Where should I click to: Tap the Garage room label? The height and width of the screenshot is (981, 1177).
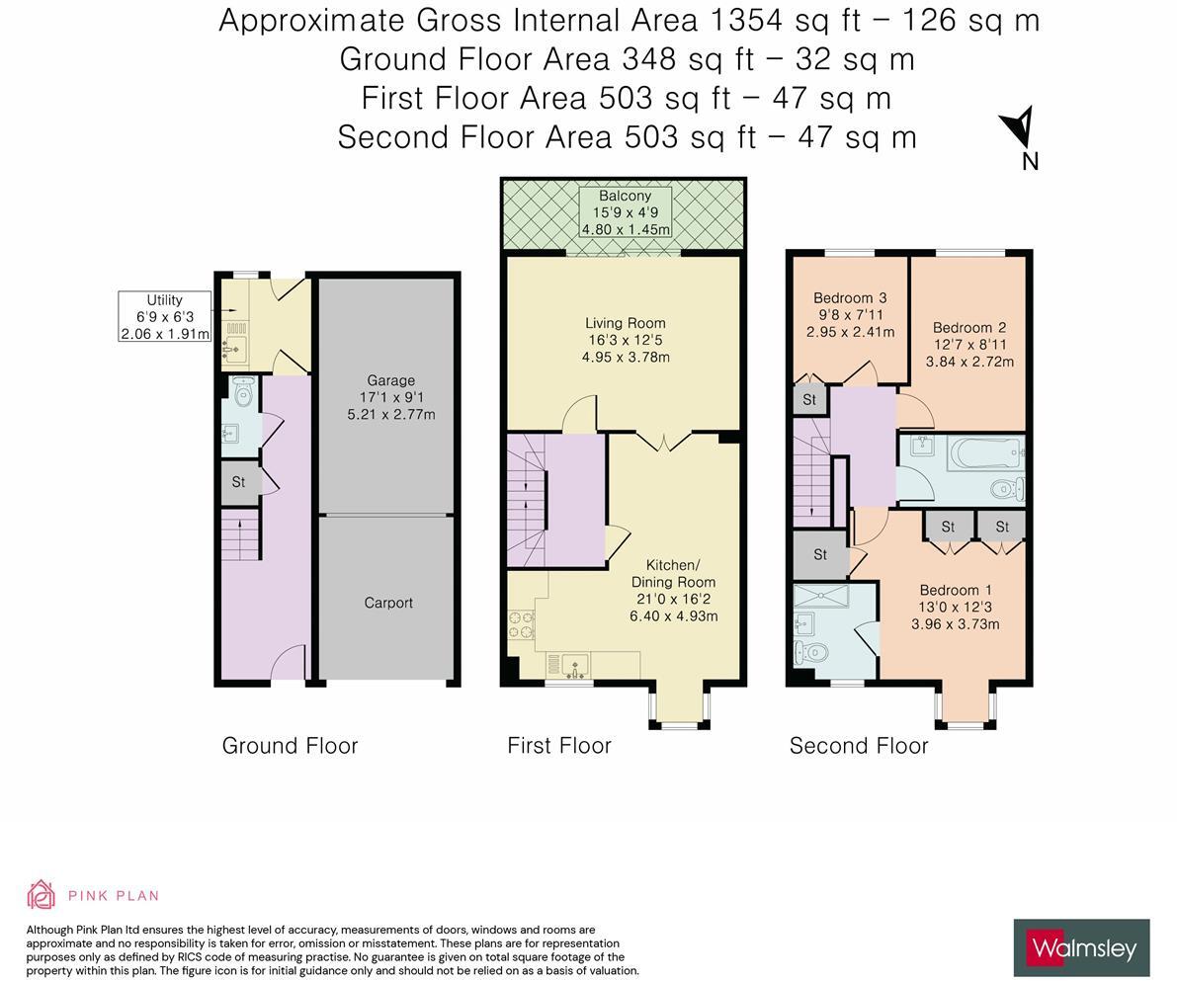point(390,397)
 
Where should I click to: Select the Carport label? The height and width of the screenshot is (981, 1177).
point(388,603)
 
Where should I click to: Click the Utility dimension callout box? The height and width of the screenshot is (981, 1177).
point(164,316)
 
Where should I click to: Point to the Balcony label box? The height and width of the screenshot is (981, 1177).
point(625,212)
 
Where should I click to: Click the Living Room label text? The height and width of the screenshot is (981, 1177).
point(625,339)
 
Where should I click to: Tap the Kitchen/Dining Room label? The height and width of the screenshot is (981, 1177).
point(673,590)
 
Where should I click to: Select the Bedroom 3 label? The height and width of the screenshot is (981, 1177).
point(850,314)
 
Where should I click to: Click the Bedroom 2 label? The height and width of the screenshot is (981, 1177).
point(969,344)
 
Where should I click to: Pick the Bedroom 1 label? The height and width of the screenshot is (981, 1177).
point(955,607)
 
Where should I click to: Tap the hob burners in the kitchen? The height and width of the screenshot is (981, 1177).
point(520,625)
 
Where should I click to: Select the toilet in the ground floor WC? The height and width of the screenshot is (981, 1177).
point(243,392)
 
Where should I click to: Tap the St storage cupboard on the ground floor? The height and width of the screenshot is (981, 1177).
point(239,482)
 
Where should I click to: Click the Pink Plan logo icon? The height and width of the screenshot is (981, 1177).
point(41,895)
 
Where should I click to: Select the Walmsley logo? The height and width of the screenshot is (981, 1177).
point(1081,948)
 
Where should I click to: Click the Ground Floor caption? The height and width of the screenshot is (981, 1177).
point(290,746)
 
